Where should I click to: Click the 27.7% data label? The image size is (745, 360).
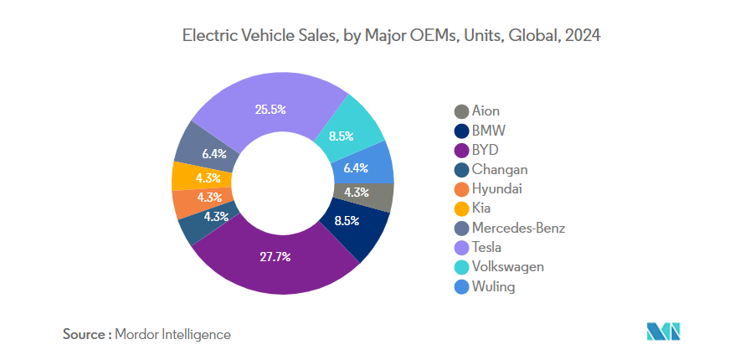[x=275, y=256]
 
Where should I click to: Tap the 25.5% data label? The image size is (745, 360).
[x=270, y=109]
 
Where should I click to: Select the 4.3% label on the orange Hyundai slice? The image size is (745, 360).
[x=208, y=198]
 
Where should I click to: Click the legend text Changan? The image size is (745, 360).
[x=500, y=169]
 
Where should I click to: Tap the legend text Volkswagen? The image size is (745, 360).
[x=507, y=267]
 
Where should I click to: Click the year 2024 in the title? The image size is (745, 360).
[x=584, y=36]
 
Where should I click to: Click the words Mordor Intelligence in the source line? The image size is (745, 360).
[x=173, y=334]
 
